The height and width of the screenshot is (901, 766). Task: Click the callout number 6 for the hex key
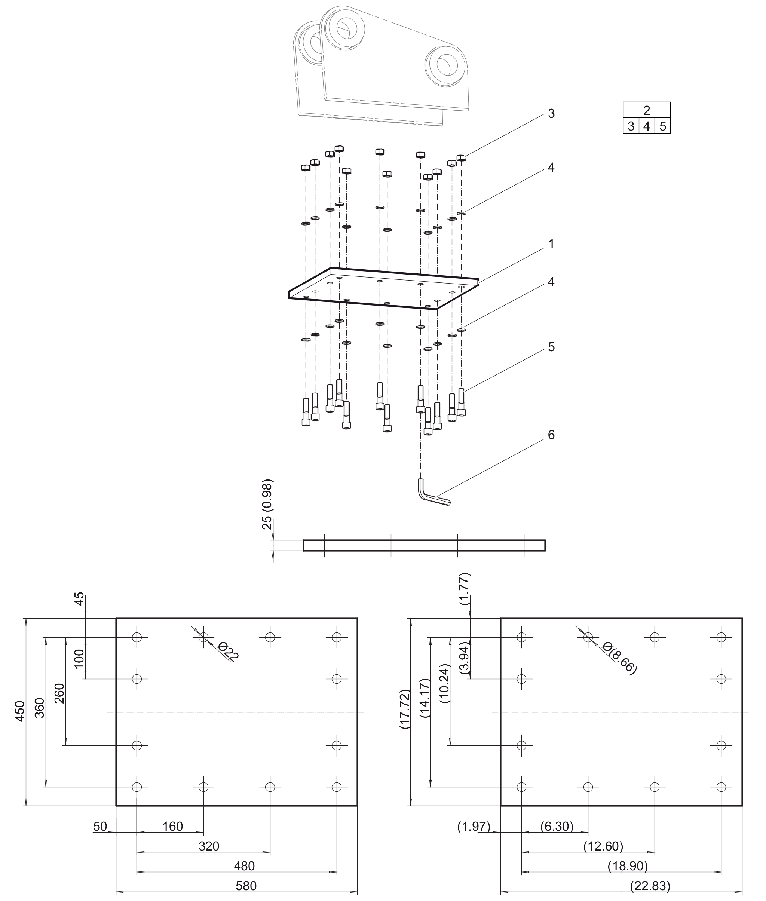[x=551, y=435]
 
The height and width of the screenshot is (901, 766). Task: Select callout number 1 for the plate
[x=551, y=244]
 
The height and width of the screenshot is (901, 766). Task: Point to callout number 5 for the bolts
[x=551, y=347]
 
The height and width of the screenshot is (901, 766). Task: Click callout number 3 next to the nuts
[x=551, y=114]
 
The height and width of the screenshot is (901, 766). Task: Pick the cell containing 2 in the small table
[x=647, y=110]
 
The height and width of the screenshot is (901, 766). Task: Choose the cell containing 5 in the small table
[x=663, y=126]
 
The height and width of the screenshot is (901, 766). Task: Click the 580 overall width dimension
[x=246, y=886]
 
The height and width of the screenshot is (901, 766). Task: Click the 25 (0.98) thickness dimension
[x=267, y=504]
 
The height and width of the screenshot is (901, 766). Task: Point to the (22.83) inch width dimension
[x=650, y=886]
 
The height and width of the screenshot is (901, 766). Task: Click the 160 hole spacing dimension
[x=172, y=826]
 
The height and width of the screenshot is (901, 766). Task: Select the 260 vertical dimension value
[x=59, y=693]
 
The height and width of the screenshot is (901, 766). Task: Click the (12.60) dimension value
[x=603, y=846]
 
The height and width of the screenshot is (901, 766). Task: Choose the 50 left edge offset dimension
[x=100, y=826]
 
